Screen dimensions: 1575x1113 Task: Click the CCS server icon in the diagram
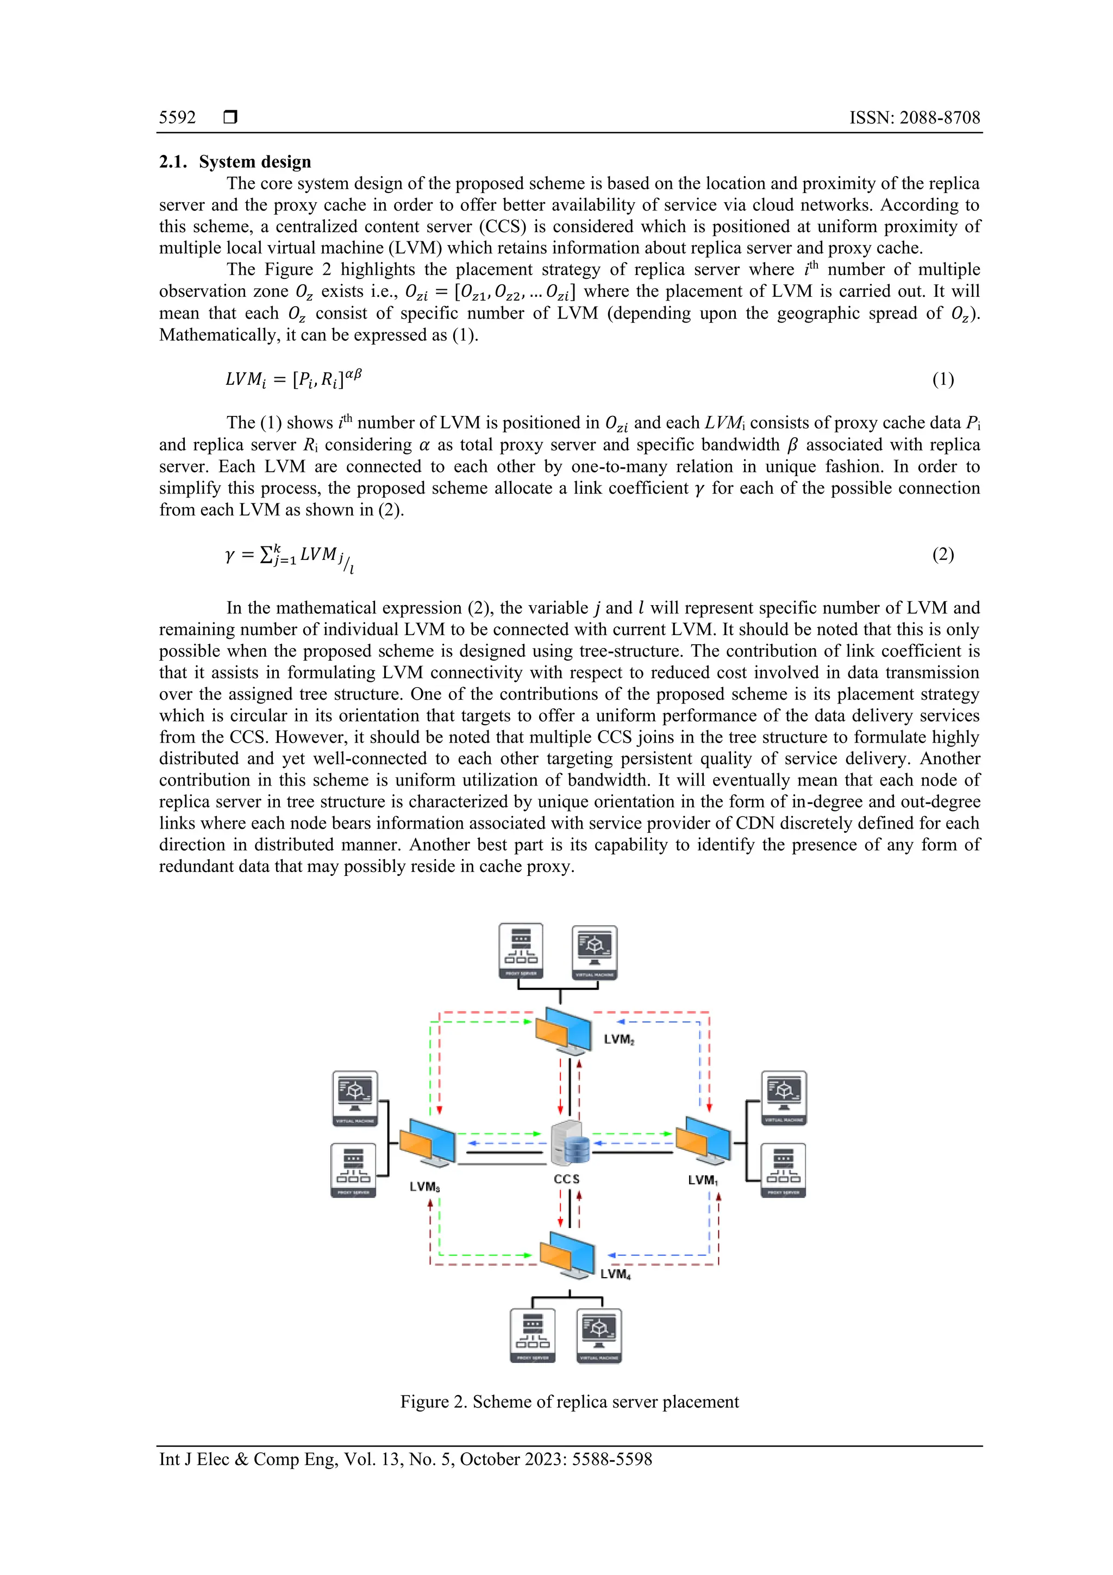[x=571, y=1143]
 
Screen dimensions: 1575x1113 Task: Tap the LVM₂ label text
[x=618, y=1040]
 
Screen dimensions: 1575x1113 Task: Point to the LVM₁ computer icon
[x=703, y=1141]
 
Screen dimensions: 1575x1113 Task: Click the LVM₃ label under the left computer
[x=424, y=1187]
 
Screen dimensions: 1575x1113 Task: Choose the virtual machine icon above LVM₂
[x=595, y=951]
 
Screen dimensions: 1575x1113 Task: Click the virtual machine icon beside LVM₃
[x=354, y=1098]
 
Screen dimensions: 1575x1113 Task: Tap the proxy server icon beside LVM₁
[x=783, y=1171]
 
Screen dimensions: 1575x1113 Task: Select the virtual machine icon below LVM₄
[x=599, y=1335]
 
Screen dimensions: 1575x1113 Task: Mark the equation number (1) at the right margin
[x=942, y=379]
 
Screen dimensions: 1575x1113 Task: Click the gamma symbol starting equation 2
[x=230, y=555]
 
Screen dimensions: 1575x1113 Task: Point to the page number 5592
[x=178, y=117]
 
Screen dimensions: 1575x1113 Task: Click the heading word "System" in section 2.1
[x=228, y=162]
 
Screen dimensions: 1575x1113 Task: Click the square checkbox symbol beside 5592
[x=230, y=117]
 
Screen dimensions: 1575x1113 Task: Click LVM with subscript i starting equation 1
[x=245, y=379]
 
